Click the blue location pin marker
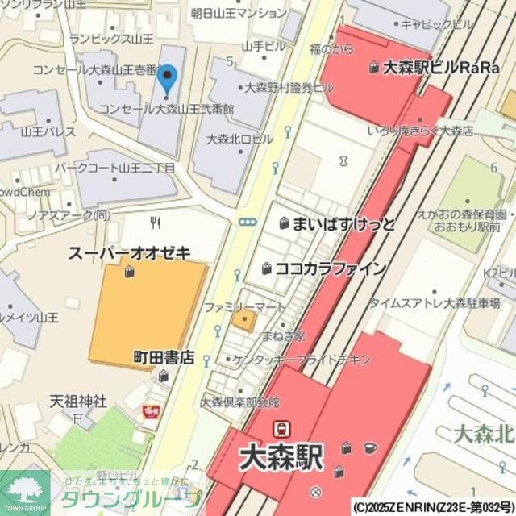[x=167, y=80]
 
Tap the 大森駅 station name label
[x=281, y=458]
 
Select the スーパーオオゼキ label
[x=129, y=253]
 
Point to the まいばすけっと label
[x=343, y=223]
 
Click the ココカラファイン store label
[x=331, y=268]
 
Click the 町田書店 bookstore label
[x=164, y=357]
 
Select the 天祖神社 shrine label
[x=78, y=401]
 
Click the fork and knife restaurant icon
[x=156, y=222]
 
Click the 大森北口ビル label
[x=239, y=139]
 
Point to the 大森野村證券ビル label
[x=288, y=87]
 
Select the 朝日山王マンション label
[x=238, y=13]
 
